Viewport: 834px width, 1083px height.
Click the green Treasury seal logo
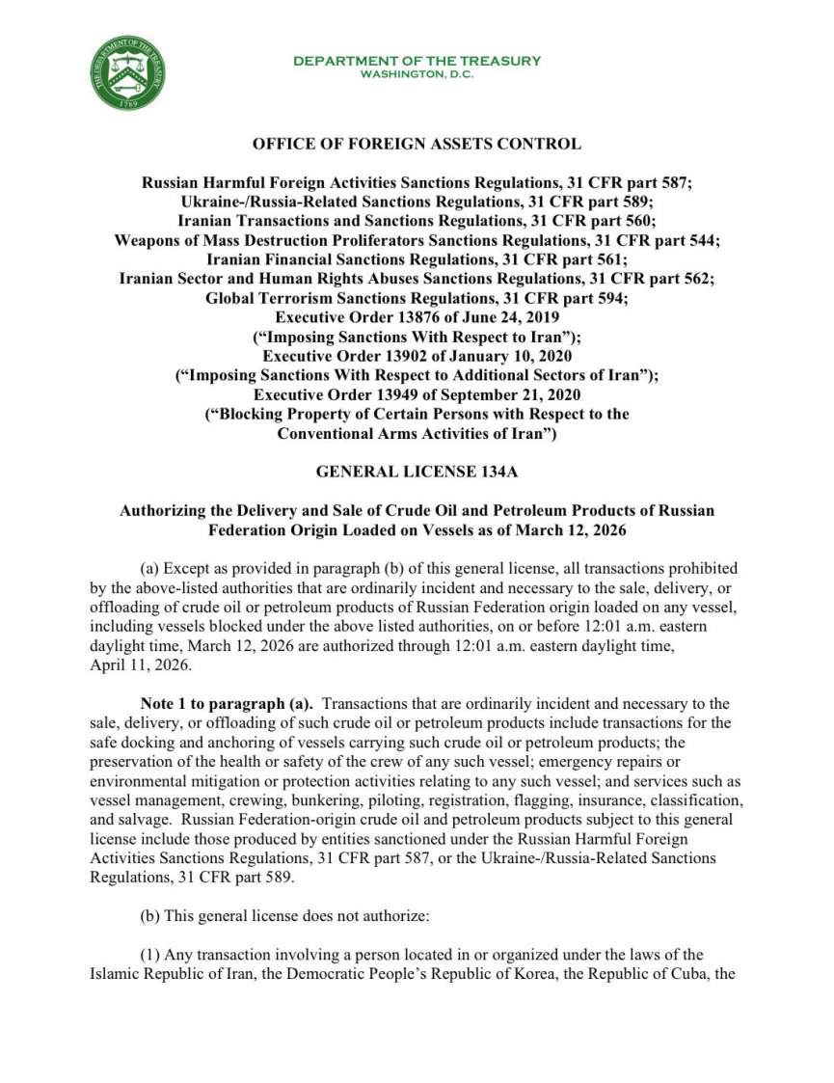tap(128, 74)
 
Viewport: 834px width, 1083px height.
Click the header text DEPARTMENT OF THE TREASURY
tap(417, 61)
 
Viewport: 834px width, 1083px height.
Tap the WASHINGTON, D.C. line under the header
tap(417, 74)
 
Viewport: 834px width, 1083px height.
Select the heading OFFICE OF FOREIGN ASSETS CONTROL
tap(417, 145)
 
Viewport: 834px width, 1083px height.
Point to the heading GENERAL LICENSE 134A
tap(417, 472)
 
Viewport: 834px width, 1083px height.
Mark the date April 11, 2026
tap(127, 664)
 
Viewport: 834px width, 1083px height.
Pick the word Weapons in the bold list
tap(149, 239)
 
